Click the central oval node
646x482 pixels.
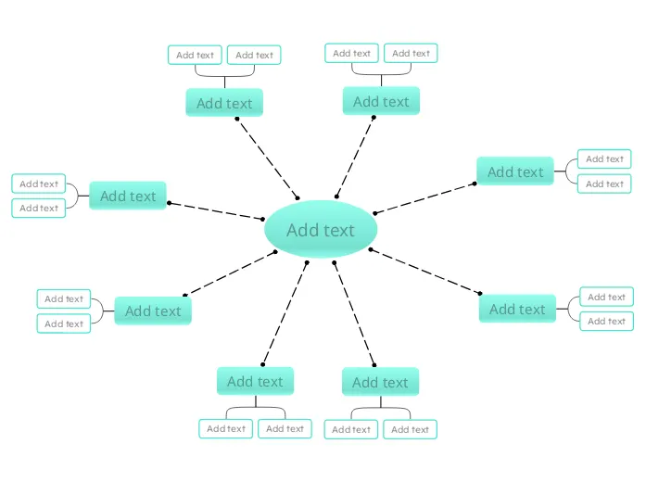point(321,229)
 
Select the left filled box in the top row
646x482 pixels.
point(224,103)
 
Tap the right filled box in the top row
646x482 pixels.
point(381,101)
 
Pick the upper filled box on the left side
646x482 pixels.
point(128,196)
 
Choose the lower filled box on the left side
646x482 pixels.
point(153,311)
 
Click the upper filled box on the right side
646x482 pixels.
point(515,171)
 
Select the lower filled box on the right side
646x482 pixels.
point(517,309)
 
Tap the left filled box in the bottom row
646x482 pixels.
point(255,381)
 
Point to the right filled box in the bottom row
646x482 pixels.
point(380,382)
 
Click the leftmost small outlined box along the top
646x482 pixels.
point(195,55)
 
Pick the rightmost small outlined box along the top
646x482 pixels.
point(411,53)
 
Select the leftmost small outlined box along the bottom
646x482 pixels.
point(225,428)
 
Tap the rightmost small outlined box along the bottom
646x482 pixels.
point(410,429)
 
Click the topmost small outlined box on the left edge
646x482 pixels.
point(39,184)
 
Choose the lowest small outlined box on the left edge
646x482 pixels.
point(64,323)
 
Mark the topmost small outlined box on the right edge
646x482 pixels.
point(604,159)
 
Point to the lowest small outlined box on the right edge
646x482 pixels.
point(606,321)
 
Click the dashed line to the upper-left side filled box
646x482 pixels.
point(215,210)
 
